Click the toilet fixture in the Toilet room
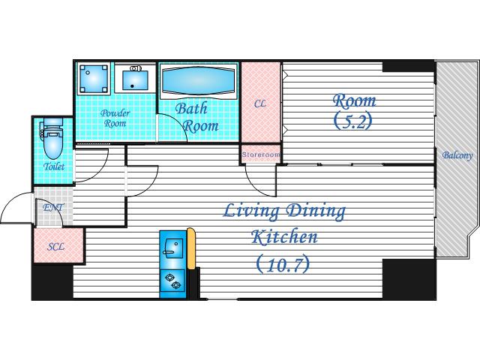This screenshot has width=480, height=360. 52,138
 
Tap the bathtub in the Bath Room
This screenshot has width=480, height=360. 199,80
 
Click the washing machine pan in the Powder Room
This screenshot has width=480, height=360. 94,78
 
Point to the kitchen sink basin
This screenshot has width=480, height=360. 173,248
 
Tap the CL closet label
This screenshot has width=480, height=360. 260,104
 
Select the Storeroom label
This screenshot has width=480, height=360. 261,154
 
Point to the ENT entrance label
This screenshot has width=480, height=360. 53,208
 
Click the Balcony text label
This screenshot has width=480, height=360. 457,155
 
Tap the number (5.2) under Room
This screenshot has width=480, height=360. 353,121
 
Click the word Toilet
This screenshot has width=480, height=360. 54,166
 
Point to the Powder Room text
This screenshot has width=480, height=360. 115,118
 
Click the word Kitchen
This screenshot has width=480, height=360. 284,237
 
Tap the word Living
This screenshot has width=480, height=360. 251,211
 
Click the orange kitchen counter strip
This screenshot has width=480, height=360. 191,248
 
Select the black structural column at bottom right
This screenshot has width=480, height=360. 409,279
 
